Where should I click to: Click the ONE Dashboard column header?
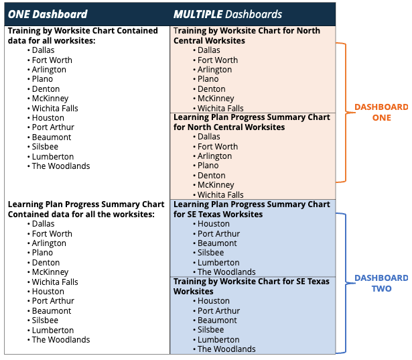point(48,14)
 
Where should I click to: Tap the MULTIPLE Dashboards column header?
point(228,14)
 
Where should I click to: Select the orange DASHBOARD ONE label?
point(382,112)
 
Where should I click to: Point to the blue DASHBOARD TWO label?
point(382,283)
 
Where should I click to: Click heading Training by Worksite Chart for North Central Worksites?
point(247,36)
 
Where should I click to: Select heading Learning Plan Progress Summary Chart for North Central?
point(251,122)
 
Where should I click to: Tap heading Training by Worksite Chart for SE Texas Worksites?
point(251,286)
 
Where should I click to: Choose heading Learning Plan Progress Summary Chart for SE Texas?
point(251,209)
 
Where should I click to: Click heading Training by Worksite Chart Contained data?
point(83,36)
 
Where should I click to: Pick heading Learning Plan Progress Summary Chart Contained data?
point(86,209)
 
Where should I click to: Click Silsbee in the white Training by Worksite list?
point(45,147)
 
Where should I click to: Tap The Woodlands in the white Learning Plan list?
point(61,340)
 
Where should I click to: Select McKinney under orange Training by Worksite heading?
point(216,99)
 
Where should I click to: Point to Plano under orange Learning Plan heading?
point(208,166)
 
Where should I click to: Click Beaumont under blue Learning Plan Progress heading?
point(217,243)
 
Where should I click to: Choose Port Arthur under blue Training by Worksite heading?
point(218,311)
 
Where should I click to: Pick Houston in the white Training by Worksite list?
point(48,118)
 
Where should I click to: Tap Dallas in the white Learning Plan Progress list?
point(43,224)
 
